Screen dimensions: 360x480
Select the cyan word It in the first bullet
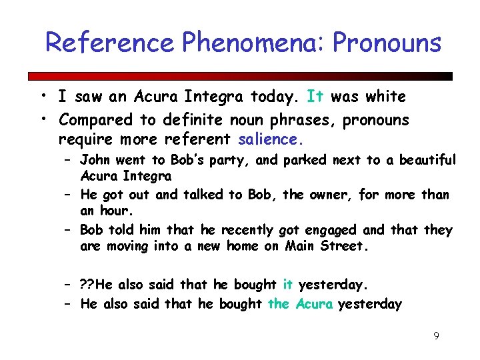[315, 97]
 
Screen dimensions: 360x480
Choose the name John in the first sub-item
[96, 160]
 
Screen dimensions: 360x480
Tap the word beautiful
[427, 160]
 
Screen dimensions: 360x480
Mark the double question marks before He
[87, 285]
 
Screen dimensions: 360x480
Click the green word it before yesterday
[287, 285]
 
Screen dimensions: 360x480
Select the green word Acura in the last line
[314, 305]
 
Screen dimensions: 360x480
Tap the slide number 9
[436, 336]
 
